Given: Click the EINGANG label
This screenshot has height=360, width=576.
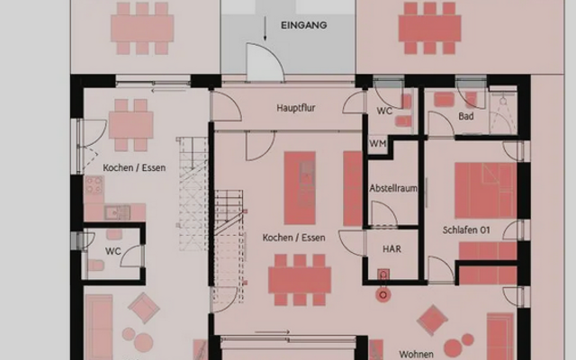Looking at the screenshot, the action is pos(304,25).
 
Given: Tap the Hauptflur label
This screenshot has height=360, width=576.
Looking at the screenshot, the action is pos(296,108).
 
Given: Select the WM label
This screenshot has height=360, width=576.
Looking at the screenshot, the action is pos(378,143).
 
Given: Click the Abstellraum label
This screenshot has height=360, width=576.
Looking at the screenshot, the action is pos(393,188).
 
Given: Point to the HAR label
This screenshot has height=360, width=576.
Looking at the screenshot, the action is pos(391,249).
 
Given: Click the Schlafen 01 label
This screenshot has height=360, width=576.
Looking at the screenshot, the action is pos(466,230).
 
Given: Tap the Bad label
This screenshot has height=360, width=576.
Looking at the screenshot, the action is pos(466,116).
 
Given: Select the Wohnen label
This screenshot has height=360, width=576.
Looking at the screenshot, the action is pos(416,354).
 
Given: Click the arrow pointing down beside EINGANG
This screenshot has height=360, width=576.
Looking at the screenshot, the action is pos(265,28).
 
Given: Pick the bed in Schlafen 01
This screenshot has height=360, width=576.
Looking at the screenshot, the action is pos(486,191).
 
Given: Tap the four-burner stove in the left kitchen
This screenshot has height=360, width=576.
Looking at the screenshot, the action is pos(94,184).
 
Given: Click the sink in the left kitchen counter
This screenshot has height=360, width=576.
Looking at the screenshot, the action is pos(117,212).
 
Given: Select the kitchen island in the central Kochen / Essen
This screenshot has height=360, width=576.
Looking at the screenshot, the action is pos(300,188).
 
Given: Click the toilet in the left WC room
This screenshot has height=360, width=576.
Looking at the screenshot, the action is pos(96,265).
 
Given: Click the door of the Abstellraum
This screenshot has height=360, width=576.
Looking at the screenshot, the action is pos(383,214).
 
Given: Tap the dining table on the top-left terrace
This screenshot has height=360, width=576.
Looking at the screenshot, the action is pos(142,28).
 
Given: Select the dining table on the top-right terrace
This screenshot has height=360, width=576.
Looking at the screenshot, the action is pos(430,28).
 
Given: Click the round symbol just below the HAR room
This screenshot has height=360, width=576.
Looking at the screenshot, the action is pos(383,294).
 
